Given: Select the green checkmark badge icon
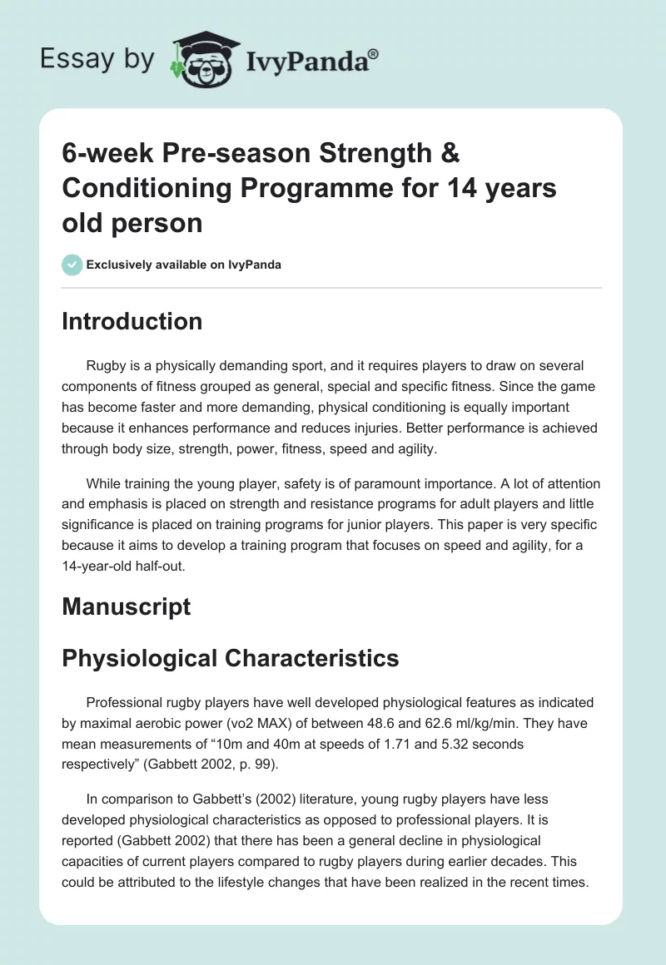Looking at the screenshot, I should [72, 265].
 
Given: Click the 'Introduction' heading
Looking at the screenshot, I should [132, 322].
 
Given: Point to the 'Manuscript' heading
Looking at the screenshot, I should [126, 606].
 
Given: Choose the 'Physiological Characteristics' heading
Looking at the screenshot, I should [230, 658].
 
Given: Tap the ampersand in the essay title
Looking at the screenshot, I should [448, 153].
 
